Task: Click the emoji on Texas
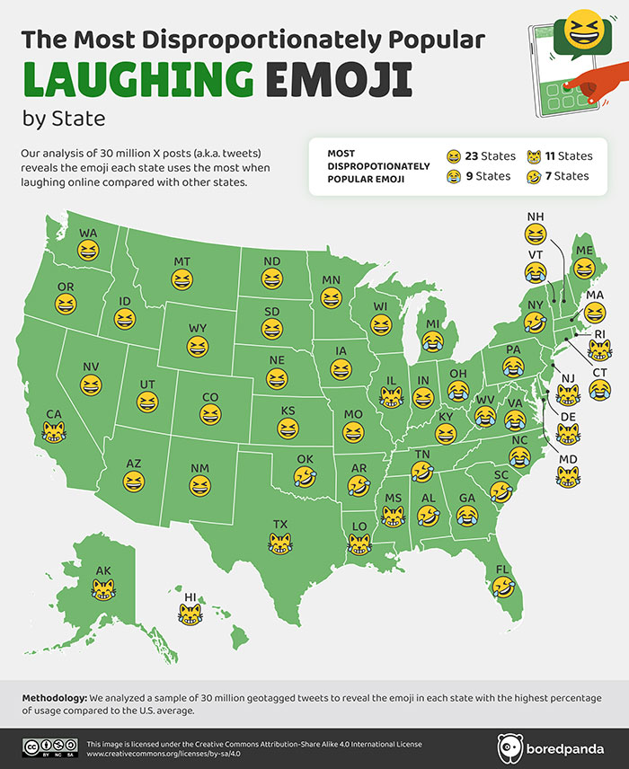tap(279, 542)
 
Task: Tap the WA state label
tap(87, 233)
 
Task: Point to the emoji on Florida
tap(502, 588)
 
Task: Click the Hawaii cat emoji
tap(190, 614)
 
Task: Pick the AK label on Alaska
tap(103, 570)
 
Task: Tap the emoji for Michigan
tap(434, 340)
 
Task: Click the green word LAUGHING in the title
tap(135, 79)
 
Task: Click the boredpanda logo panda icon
tap(510, 747)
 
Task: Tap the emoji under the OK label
tap(306, 477)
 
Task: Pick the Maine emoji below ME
tap(584, 268)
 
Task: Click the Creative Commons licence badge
tap(49, 747)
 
